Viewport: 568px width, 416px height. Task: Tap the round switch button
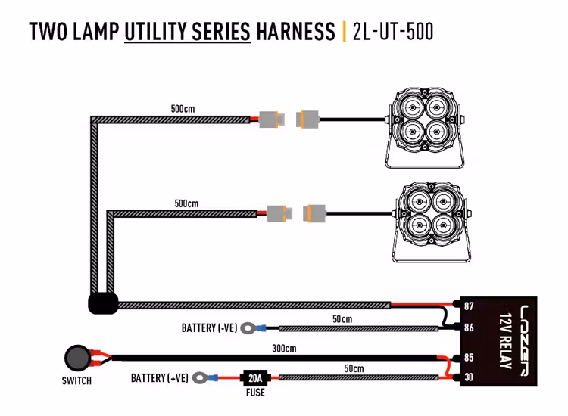pos(76,356)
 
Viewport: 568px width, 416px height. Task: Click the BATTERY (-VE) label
pos(209,328)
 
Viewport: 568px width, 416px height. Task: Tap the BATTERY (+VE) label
pos(159,377)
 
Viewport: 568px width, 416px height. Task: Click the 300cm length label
pos(284,349)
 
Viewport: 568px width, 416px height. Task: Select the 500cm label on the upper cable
pos(183,109)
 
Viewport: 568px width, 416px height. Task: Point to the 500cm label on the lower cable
pos(186,203)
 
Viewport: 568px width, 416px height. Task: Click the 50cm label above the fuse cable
pos(353,368)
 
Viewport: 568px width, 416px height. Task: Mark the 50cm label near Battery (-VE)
pos(342,319)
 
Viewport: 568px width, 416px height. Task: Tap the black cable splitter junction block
pos(102,304)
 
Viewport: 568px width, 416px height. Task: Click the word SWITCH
pos(76,381)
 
